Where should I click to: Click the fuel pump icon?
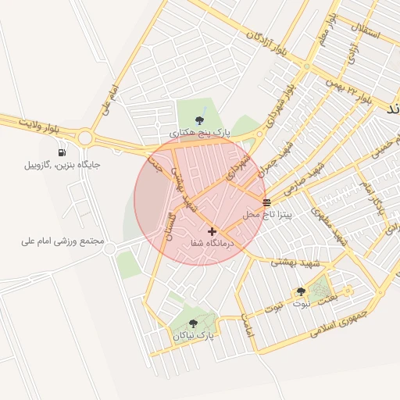click(x=61, y=152)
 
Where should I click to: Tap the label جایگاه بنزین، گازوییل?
click(x=62, y=165)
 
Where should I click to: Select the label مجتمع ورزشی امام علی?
click(x=62, y=241)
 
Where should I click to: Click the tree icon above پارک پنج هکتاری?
click(x=200, y=120)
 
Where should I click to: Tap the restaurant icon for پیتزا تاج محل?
click(x=267, y=202)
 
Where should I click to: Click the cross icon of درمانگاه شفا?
click(x=212, y=232)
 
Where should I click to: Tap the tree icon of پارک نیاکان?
click(x=193, y=323)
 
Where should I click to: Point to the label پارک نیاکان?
click(x=193, y=335)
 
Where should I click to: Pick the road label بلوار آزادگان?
click(x=267, y=44)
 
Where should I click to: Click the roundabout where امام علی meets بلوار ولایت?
click(x=84, y=139)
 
